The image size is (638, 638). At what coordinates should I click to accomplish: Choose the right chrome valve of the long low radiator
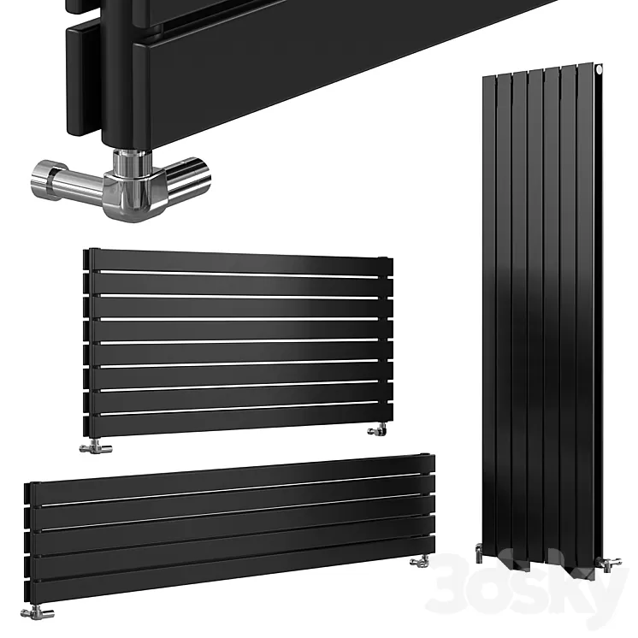420,560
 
